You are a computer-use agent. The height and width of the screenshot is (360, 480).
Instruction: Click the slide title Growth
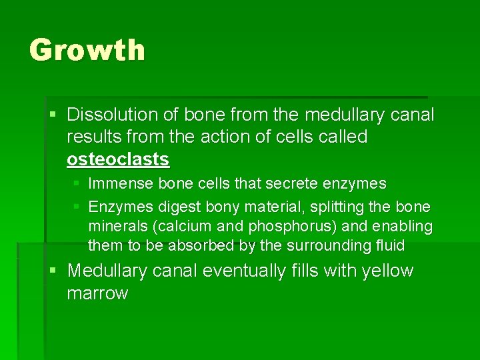pyautogui.click(x=87, y=50)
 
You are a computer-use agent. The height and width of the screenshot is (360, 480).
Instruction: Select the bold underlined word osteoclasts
pyautogui.click(x=118, y=159)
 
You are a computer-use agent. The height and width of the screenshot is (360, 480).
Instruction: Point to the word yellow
pyautogui.click(x=388, y=271)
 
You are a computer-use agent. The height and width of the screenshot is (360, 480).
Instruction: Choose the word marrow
pyautogui.click(x=97, y=294)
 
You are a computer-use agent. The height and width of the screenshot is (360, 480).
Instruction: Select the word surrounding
pyautogui.click(x=326, y=246)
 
